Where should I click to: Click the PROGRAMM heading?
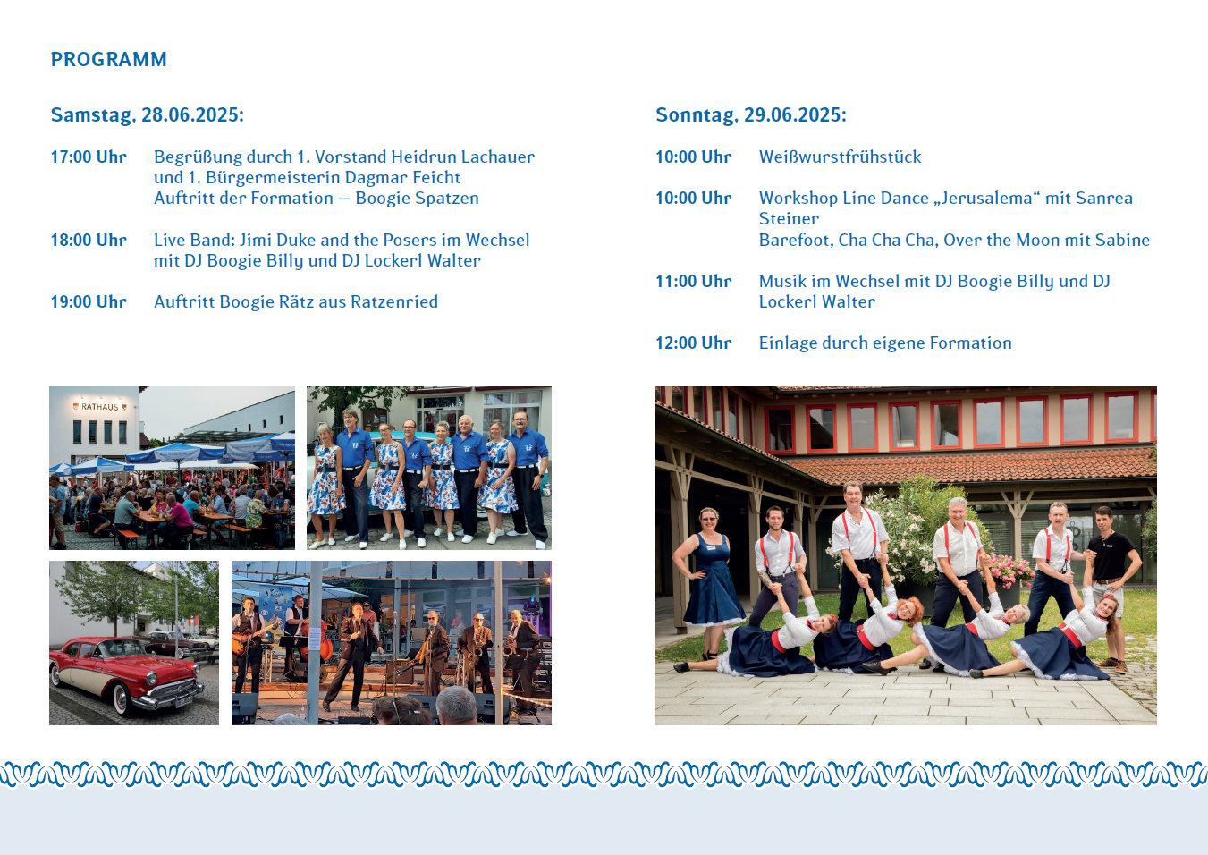[x=108, y=59]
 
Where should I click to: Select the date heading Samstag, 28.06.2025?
[x=148, y=114]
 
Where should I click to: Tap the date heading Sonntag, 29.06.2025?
[x=751, y=114]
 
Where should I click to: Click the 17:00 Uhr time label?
[x=89, y=157]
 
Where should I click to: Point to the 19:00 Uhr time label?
[x=89, y=301]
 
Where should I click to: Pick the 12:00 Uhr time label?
[x=694, y=343]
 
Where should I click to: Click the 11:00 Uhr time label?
[x=694, y=281]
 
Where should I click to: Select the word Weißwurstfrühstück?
[x=840, y=157]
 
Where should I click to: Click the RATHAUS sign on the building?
[x=100, y=407]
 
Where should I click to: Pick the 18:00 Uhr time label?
[x=89, y=240]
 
